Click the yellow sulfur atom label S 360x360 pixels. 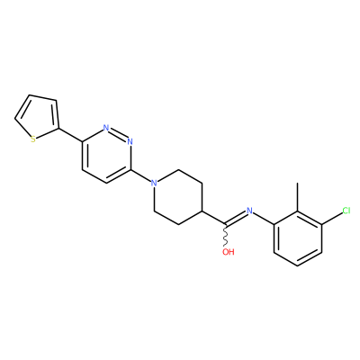click(x=33, y=139)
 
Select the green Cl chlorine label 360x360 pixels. click(x=346, y=211)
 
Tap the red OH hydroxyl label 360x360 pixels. click(x=229, y=252)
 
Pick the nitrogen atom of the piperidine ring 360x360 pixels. click(x=154, y=183)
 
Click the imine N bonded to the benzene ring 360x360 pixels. click(x=249, y=211)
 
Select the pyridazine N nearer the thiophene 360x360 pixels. click(x=105, y=128)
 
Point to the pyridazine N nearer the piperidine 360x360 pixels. click(x=130, y=141)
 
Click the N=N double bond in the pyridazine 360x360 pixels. click(x=118, y=134)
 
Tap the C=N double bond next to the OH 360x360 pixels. click(x=236, y=218)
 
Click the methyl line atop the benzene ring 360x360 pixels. click(x=298, y=197)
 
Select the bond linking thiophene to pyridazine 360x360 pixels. click(x=69, y=135)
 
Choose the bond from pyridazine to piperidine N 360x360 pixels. click(x=140, y=175)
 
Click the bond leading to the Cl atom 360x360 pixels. click(x=332, y=218)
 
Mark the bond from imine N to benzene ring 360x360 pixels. click(x=264, y=218)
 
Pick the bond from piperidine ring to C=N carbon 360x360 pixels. click(x=214, y=218)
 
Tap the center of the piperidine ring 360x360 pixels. click(x=178, y=197)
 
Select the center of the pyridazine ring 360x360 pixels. click(x=105, y=156)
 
